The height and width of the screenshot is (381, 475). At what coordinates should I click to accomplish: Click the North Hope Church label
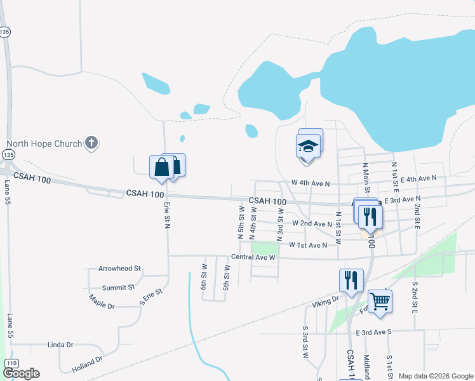point(44,144)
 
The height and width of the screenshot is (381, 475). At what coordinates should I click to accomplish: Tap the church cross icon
point(91,143)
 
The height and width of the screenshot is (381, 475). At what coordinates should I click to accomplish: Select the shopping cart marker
point(380,301)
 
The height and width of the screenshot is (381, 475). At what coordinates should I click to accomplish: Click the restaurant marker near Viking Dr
point(349,281)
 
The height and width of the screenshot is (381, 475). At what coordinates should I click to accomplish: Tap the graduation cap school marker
point(308,147)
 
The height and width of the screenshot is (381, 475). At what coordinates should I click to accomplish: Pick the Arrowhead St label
point(119,269)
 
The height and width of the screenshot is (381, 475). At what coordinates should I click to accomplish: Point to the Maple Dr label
point(102,302)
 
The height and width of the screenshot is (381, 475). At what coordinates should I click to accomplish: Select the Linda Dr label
point(60,345)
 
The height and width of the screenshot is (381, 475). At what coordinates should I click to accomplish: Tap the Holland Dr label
point(88,363)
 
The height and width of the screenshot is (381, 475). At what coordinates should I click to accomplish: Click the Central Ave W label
point(253,258)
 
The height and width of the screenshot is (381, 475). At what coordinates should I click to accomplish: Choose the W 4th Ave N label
point(311,183)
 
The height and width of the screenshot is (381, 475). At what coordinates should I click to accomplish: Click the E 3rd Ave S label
point(383,332)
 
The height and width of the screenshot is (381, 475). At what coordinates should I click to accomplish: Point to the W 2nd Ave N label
point(312,224)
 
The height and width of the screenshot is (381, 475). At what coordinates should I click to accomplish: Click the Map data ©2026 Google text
point(435,376)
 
